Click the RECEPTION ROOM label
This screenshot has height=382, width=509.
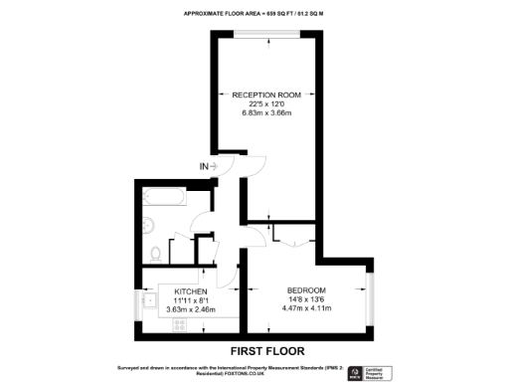click(266, 95)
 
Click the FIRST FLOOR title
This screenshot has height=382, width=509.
click(267, 350)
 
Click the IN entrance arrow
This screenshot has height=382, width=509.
click(208, 166)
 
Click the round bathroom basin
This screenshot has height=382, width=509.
click(149, 223)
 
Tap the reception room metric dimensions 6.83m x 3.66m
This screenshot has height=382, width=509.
click(266, 113)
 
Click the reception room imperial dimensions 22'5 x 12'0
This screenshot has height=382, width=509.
click(266, 104)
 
